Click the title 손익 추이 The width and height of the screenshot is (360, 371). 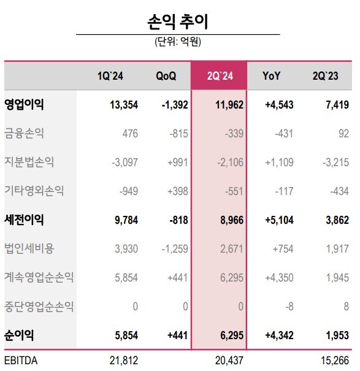coord(177,21)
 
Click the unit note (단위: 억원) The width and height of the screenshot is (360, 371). coord(178,42)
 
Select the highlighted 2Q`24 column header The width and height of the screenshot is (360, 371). coord(220,76)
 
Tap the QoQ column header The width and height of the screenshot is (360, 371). coord(166,76)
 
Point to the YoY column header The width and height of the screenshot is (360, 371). coord(271,76)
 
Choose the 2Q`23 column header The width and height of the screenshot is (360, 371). coord(326,76)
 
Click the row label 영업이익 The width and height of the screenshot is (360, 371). coord(24,104)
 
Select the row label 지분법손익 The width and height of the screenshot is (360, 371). coord(29,162)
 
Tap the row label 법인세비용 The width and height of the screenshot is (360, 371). coord(29,248)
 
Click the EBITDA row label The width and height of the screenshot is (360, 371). coord(21,361)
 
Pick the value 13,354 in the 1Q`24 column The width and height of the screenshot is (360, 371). coord(124,105)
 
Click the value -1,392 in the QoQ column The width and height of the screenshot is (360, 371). coord(175,105)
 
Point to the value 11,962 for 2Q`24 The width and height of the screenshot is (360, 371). coord(229,105)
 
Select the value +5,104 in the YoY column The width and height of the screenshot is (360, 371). coord(279,220)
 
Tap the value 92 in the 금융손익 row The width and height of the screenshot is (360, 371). coord(343,134)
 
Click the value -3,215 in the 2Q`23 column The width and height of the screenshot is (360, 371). coord(335,163)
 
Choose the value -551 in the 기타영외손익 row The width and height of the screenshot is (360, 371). coord(234,191)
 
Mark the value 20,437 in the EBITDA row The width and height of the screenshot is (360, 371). coord(229,361)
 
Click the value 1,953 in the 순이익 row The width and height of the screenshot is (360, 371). coord(337,335)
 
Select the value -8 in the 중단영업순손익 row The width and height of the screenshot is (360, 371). coord(289,307)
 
